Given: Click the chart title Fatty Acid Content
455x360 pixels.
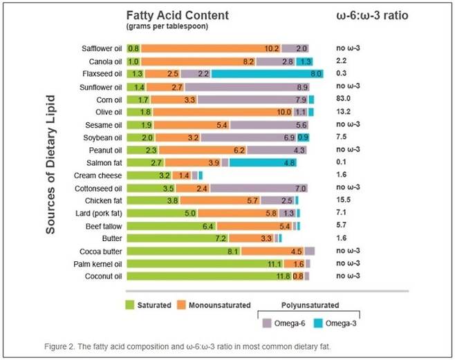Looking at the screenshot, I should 177,15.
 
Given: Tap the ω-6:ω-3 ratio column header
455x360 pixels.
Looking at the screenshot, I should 373,15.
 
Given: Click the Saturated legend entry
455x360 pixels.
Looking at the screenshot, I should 147,305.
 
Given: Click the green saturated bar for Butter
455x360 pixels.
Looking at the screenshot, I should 183,238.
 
